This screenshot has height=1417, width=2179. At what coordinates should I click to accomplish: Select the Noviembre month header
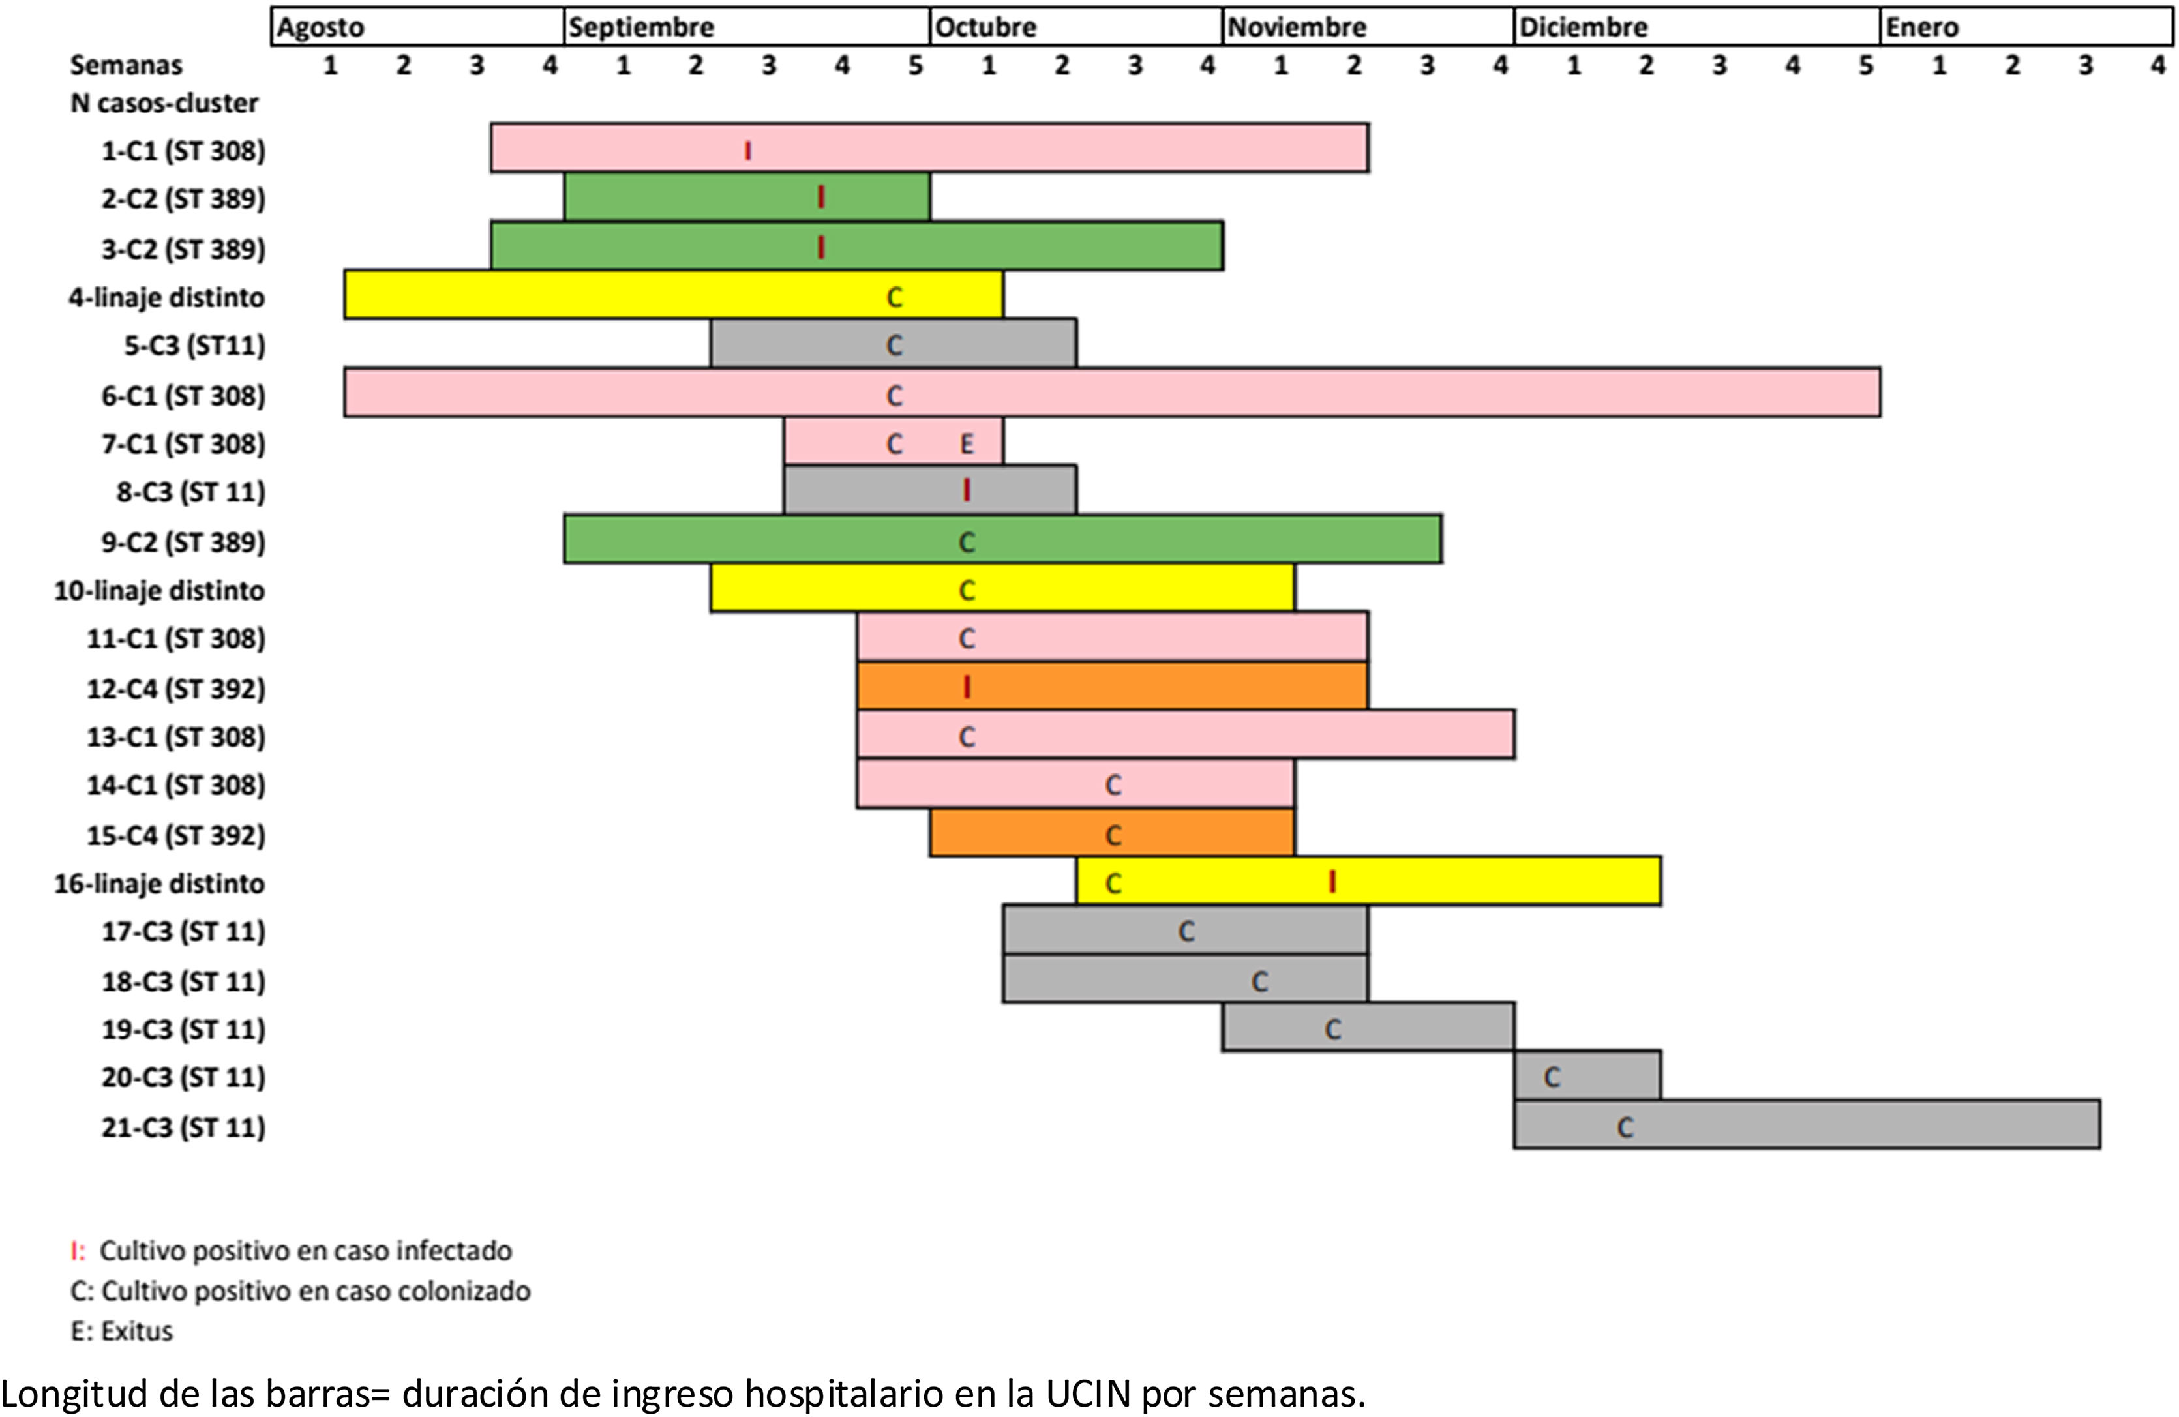tap(1297, 27)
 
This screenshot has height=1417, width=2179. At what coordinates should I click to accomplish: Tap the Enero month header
tap(1922, 27)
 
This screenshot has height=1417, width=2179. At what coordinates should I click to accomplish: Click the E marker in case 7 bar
tap(967, 445)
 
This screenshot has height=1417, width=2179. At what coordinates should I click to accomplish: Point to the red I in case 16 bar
tap(1332, 882)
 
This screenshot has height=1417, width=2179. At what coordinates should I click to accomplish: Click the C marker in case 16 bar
tap(1113, 884)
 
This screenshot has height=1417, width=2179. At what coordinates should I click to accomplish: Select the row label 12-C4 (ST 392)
tap(176, 689)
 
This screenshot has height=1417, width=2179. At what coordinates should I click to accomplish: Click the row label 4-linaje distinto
tap(166, 297)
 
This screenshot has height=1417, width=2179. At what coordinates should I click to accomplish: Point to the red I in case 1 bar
tap(748, 150)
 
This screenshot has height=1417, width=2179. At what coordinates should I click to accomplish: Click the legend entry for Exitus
tap(122, 1331)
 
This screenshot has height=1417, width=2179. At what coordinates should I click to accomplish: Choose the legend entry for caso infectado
tap(293, 1251)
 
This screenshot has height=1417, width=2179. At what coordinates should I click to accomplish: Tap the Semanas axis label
tap(127, 65)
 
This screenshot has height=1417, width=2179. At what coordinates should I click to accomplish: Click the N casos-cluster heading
tap(165, 104)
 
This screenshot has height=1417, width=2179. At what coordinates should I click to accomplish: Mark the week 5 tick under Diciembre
tap(1866, 66)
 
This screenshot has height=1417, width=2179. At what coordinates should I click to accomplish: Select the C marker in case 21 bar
tap(1625, 1127)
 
